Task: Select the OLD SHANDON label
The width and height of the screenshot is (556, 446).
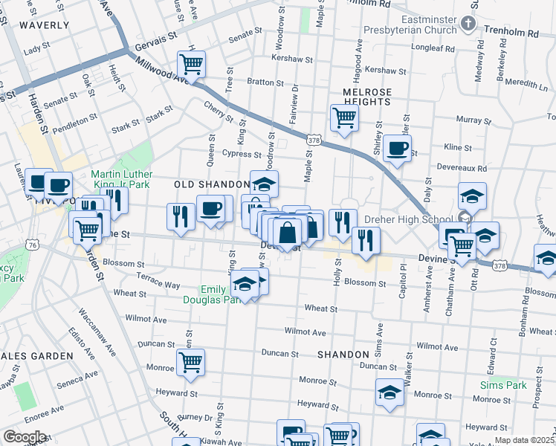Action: tap(212, 184)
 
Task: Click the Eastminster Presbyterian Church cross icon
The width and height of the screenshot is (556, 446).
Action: tap(468, 24)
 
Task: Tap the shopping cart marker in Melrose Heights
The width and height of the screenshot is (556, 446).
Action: tap(344, 117)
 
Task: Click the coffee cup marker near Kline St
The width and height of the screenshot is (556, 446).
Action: tap(397, 147)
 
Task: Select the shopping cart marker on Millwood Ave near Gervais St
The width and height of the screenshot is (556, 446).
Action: tap(191, 64)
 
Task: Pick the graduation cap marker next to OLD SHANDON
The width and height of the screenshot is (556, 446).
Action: tap(264, 183)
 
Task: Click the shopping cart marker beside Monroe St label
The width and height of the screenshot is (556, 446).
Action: tap(190, 362)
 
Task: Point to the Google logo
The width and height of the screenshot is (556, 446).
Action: tap(25, 437)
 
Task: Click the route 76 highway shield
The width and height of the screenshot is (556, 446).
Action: tap(32, 245)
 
